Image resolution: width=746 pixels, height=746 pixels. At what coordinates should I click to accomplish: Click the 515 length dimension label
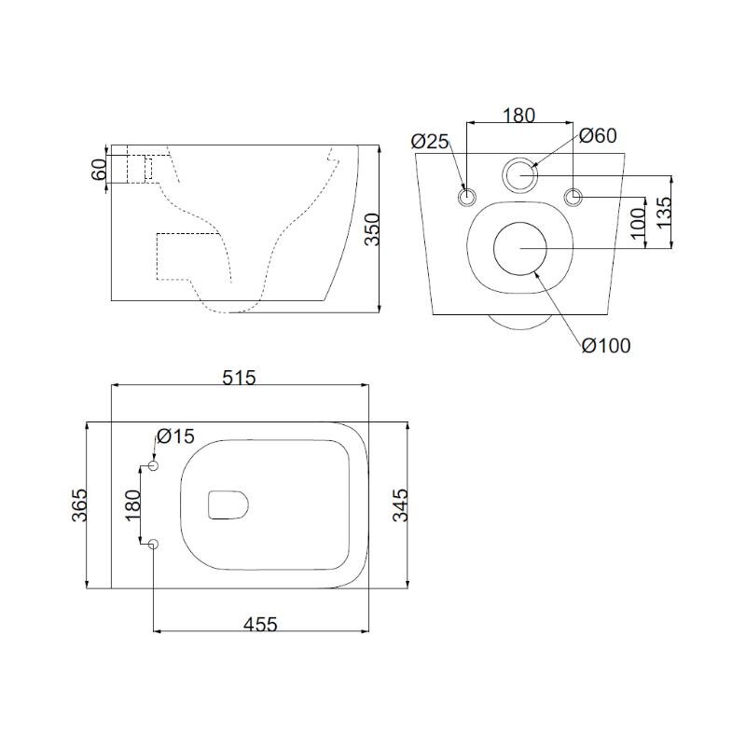(x=239, y=378)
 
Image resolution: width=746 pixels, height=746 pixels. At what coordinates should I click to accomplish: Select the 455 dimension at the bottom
(x=260, y=624)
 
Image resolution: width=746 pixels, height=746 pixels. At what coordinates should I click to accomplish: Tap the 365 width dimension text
(x=79, y=504)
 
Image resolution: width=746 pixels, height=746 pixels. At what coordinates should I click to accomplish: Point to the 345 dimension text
(x=400, y=504)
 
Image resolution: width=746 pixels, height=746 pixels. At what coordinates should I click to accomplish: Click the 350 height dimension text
(x=372, y=229)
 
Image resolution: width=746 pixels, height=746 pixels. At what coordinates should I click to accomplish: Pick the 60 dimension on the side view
(x=99, y=170)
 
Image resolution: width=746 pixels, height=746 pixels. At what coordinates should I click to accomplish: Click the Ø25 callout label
(x=430, y=142)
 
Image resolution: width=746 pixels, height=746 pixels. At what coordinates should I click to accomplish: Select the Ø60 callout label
(x=598, y=135)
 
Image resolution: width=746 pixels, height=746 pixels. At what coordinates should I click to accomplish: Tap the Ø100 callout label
(x=606, y=345)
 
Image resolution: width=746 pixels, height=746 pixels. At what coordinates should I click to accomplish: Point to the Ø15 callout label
(x=175, y=435)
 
